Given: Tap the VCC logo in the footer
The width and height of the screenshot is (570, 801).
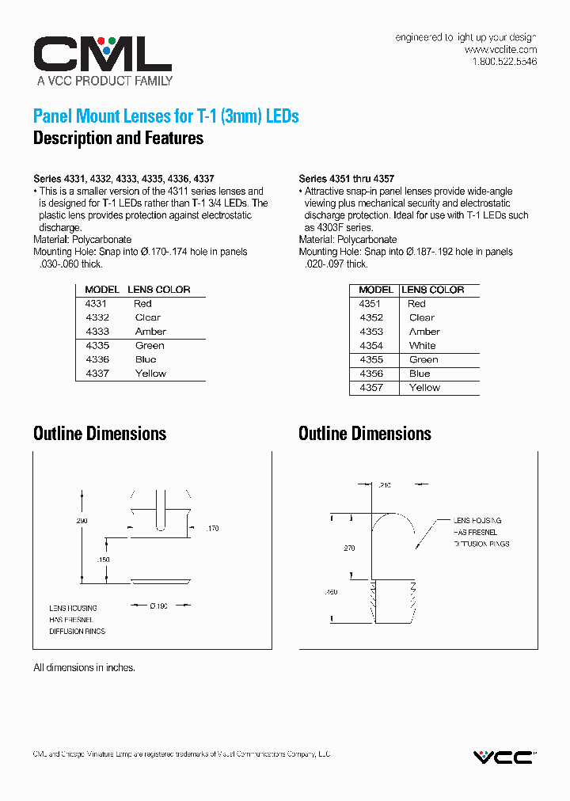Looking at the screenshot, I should point(504,757).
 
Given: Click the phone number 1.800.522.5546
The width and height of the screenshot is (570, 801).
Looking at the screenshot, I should point(504,61).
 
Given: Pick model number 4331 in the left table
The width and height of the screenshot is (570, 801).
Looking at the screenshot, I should point(96,303).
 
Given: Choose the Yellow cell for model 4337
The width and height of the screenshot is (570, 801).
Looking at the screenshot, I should point(150,374).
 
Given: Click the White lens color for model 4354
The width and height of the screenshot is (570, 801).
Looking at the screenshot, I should point(422,346).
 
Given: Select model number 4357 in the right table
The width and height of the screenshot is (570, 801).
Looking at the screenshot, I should point(370,388).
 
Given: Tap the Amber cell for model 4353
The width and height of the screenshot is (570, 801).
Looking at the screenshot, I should point(424,332).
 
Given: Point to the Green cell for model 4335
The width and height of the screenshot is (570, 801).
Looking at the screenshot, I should point(150,345).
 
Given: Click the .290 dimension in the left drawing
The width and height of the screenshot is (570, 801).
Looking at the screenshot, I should point(82,521).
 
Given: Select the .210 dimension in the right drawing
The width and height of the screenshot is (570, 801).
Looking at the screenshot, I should point(386,484).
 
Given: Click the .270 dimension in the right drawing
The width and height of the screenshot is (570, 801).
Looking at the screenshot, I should point(349,548).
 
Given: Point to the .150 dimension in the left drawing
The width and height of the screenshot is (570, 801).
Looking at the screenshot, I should point(104,560).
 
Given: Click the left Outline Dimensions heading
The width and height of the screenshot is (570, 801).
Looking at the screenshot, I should point(100,434).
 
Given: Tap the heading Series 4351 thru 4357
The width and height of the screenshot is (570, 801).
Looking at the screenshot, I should point(346,179).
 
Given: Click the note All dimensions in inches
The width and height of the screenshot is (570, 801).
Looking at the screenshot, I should point(84,667).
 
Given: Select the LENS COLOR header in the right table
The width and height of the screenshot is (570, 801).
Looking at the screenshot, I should point(432,290).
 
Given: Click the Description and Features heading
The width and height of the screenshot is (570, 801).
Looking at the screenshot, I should point(118,139).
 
